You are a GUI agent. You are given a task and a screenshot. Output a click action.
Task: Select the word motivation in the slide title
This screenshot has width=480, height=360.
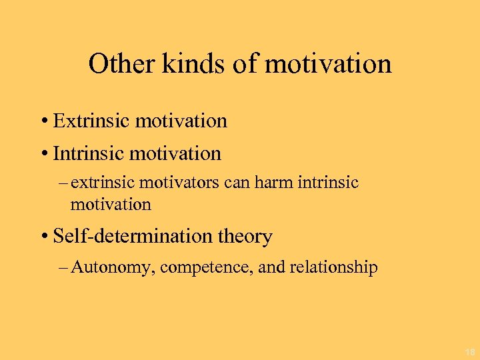point(328,64)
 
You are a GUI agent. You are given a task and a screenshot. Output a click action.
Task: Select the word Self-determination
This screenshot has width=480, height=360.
point(139,237)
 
